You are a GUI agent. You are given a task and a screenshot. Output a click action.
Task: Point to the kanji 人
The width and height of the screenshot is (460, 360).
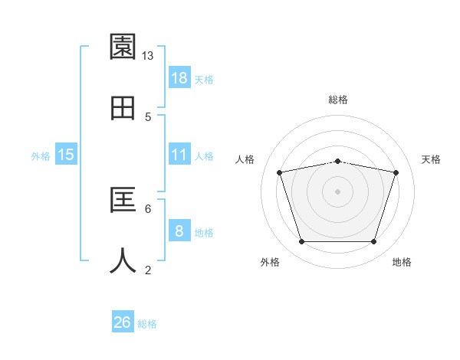pyautogui.click(x=123, y=260)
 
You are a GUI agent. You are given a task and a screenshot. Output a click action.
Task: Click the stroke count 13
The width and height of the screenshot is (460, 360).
pyautogui.click(x=148, y=56)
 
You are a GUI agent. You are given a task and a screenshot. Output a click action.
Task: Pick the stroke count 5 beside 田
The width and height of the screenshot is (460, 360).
pyautogui.click(x=148, y=116)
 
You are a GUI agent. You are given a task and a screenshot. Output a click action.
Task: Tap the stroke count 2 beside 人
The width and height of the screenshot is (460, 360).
pyautogui.click(x=148, y=269)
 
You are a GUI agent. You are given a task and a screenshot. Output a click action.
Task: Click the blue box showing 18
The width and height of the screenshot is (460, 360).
pyautogui.click(x=179, y=78)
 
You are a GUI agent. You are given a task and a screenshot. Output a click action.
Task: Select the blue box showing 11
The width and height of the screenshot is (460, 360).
pyautogui.click(x=179, y=155)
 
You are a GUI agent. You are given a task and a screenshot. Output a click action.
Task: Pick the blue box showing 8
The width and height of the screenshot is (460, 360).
pyautogui.click(x=179, y=231)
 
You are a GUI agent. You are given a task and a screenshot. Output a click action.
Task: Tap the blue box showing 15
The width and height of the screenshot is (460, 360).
pyautogui.click(x=66, y=155)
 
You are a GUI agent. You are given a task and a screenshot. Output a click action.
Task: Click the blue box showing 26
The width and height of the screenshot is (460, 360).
pyautogui.click(x=123, y=322)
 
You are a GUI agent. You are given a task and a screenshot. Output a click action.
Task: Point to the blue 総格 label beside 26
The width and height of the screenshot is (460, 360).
pyautogui.click(x=147, y=324)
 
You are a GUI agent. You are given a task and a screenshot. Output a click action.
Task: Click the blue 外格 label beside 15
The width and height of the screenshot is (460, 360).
pyautogui.click(x=41, y=156)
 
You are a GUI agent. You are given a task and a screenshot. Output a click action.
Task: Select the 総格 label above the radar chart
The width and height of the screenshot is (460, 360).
pyautogui.click(x=337, y=100)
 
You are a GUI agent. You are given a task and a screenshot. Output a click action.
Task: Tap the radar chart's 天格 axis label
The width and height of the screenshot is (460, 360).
pyautogui.click(x=431, y=159)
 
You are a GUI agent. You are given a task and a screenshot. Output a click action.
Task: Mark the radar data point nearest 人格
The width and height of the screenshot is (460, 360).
pyautogui.click(x=280, y=173)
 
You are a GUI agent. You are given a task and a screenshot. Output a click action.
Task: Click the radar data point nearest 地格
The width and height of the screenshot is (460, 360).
pyautogui.click(x=373, y=242)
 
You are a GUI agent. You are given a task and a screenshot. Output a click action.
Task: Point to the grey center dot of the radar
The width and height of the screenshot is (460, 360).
pyautogui.click(x=337, y=191)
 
